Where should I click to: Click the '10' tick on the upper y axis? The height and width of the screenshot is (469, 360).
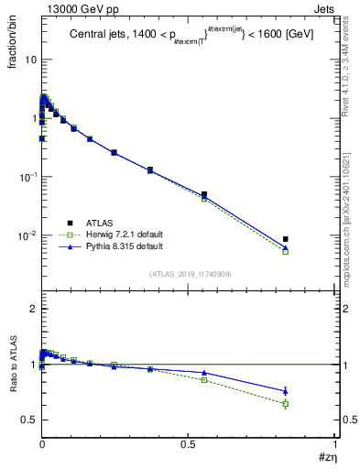pyautogui.click(x=30, y=60)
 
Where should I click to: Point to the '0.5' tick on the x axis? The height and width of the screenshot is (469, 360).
pyautogui.click(x=189, y=443)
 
